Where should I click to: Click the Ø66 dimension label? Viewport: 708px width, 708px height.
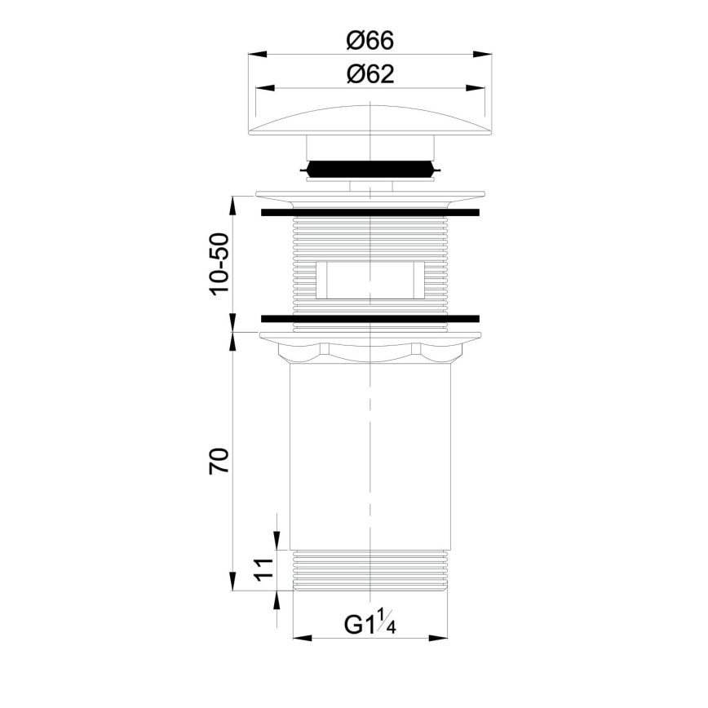[x=369, y=39]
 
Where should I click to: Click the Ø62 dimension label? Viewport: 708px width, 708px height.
[x=369, y=74]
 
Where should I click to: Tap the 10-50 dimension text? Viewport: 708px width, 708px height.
[x=220, y=264]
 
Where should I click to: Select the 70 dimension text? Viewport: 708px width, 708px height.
[x=220, y=461]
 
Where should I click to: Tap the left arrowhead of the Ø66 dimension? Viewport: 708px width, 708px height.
[x=254, y=55]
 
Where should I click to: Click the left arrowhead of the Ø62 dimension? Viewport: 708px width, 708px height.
[x=262, y=88]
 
